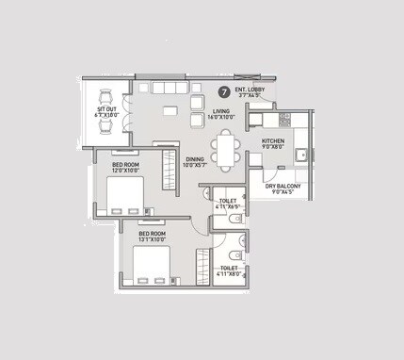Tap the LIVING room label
[220, 111]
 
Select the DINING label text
[195, 159]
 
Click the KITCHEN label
[273, 141]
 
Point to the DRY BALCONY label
[283, 186]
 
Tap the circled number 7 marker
[223, 92]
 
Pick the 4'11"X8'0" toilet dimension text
[229, 274]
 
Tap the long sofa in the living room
[166, 88]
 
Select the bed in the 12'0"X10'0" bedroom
[124, 197]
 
